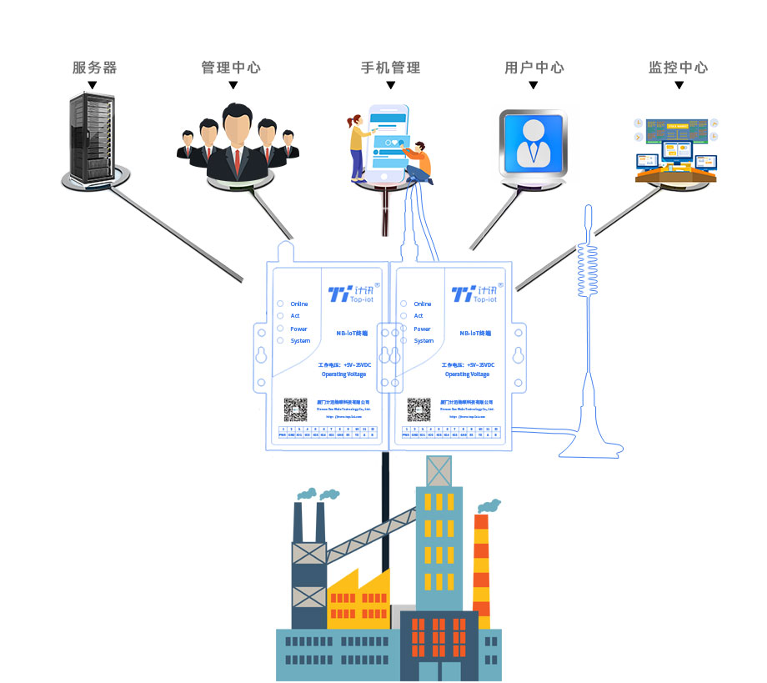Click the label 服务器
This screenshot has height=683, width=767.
[93, 68]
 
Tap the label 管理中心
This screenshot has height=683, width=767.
[231, 68]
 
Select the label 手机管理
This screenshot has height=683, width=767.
[390, 68]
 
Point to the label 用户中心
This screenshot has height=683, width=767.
[534, 68]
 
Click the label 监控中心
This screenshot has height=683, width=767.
[678, 68]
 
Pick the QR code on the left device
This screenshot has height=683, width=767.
[296, 409]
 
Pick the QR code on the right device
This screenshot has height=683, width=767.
[419, 409]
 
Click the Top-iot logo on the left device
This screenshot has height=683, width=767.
[349, 294]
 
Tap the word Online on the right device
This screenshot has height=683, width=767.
[423, 304]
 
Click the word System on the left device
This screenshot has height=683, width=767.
[300, 341]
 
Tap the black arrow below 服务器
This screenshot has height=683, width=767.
[93, 85]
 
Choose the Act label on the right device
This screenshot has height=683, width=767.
[419, 316]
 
